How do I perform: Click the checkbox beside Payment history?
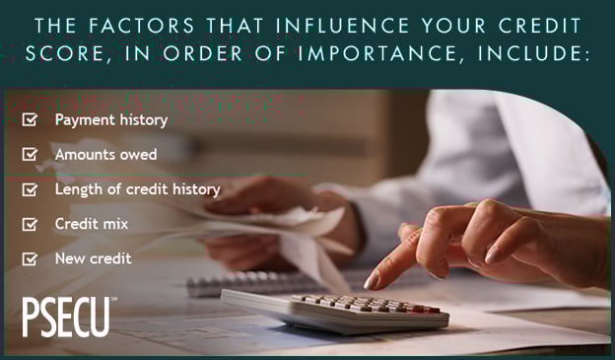click(31, 120)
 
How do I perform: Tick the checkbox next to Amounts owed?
click(31, 155)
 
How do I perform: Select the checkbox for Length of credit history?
click(31, 189)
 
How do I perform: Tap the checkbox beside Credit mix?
click(31, 224)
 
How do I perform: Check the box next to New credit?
click(31, 258)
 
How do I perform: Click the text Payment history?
click(111, 120)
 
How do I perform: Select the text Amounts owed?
click(105, 155)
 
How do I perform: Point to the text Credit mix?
click(92, 224)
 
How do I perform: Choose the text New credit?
click(94, 258)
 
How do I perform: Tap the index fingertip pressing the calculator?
click(373, 283)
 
